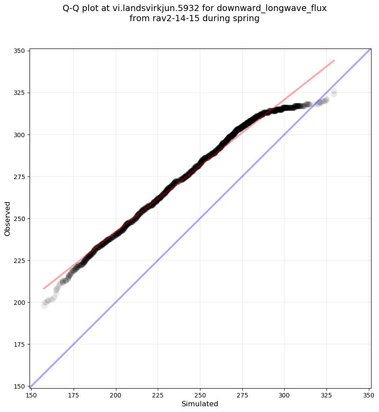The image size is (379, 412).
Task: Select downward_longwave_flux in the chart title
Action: (271, 8)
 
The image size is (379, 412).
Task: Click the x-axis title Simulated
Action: (200, 404)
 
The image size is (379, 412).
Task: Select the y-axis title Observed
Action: (7, 218)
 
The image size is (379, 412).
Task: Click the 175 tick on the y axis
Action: (21, 344)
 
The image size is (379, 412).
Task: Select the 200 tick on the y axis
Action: (21, 302)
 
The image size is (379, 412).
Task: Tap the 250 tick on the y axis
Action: (21, 218)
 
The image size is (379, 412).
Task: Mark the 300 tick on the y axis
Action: (21, 135)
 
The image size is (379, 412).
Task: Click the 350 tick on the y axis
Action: (21, 51)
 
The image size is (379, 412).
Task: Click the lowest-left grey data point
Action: (44, 305)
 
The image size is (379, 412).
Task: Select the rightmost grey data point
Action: (334, 92)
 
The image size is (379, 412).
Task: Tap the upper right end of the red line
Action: (334, 60)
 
